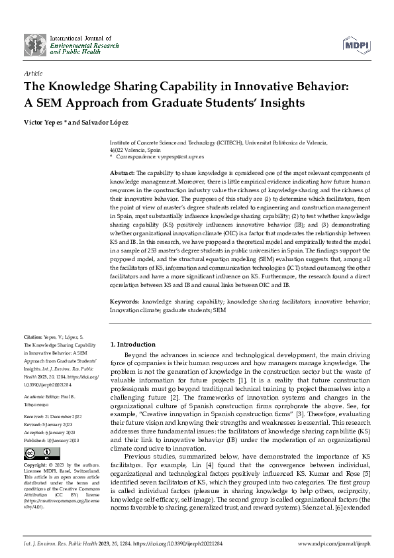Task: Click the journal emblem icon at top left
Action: tap(36, 44)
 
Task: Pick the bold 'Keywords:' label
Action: tap(125, 302)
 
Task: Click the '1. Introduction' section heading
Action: tap(132, 345)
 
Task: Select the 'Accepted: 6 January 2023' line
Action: tap(51, 414)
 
